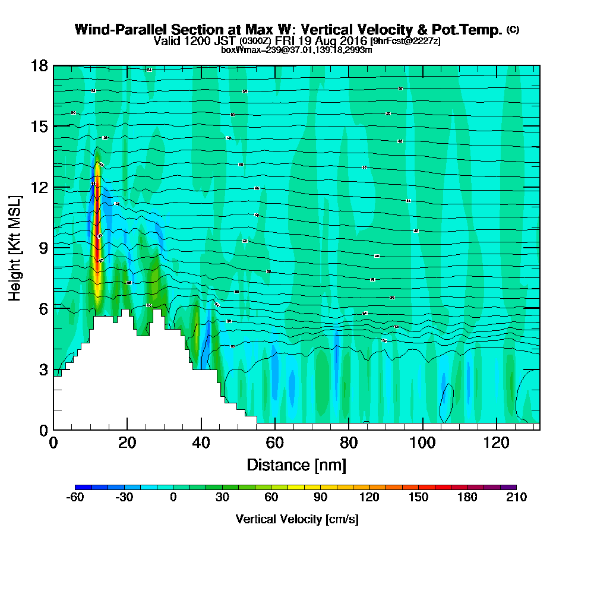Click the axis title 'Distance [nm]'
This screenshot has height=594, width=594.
pyautogui.click(x=296, y=465)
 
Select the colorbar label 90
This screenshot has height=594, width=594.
pyautogui.click(x=320, y=497)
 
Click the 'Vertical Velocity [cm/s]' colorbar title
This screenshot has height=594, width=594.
pyautogui.click(x=296, y=519)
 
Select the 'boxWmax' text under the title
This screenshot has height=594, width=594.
pyautogui.click(x=238, y=50)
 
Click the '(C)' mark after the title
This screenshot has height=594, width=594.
pyautogui.click(x=512, y=29)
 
